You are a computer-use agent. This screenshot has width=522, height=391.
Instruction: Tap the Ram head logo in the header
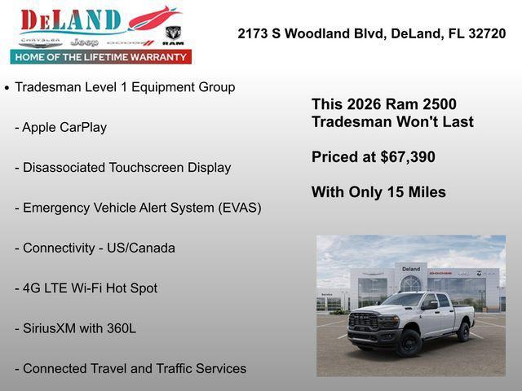coord(172,34)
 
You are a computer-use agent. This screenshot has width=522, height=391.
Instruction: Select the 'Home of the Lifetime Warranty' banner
coord(101,57)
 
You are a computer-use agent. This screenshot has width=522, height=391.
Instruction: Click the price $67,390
coord(408,157)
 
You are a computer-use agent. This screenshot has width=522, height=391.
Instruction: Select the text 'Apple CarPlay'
coord(64,127)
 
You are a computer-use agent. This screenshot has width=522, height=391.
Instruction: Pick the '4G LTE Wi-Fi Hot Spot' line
coord(90,288)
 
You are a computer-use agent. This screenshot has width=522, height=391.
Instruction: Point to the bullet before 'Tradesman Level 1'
coord(7,88)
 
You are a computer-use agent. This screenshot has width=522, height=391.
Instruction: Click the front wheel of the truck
coord(409,341)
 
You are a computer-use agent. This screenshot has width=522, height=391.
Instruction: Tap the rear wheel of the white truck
coord(463,332)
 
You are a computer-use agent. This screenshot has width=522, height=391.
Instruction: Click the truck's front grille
coord(364,322)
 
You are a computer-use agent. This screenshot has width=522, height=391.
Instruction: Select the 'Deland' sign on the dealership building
coord(411,269)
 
